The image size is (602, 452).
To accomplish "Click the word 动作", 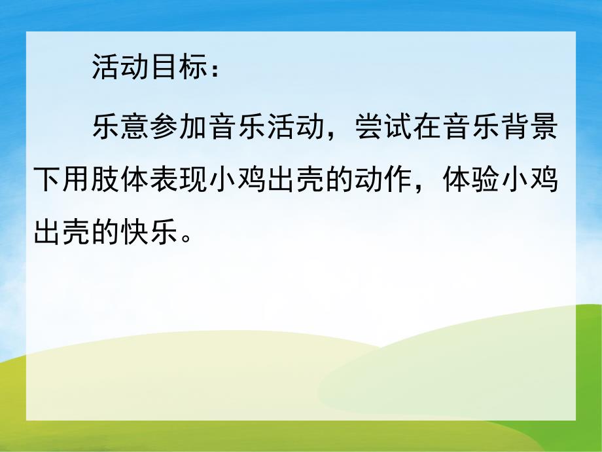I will (x=397, y=180).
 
